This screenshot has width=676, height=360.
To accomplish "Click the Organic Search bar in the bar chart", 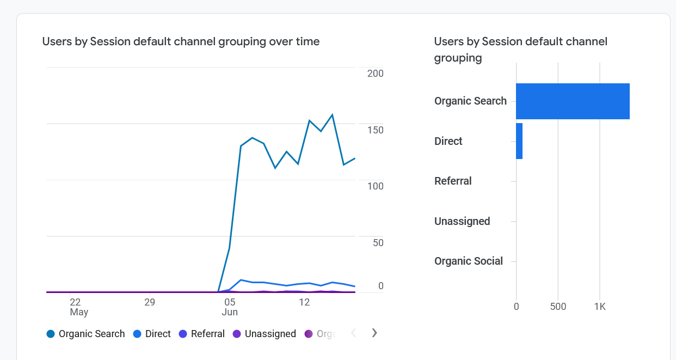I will click(573, 101).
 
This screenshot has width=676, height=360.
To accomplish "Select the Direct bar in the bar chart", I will click(519, 141).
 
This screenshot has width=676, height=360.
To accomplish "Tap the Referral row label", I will click(453, 181).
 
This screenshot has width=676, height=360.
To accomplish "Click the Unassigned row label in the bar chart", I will click(462, 221).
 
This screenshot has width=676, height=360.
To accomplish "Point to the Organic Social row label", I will click(468, 261).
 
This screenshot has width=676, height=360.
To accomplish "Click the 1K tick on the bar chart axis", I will click(599, 307).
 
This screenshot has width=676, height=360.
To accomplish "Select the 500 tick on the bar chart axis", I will click(558, 307).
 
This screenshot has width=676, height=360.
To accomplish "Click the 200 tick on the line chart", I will click(375, 74).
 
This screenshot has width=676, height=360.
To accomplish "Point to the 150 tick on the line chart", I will click(375, 130).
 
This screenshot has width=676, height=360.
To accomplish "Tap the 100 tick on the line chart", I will click(375, 186).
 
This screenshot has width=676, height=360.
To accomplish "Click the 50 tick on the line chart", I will click(378, 243).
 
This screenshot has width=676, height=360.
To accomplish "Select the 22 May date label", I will click(76, 307).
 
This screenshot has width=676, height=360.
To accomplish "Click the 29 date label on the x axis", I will click(150, 302).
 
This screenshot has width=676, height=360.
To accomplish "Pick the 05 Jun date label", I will click(230, 307).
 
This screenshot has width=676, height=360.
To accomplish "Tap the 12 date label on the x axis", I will click(304, 302).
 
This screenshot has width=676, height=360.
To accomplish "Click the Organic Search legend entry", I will click(86, 334).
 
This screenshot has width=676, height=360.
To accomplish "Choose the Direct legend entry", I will click(152, 334).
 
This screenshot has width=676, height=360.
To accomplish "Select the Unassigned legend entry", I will click(265, 334).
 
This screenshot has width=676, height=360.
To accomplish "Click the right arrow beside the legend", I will click(374, 333).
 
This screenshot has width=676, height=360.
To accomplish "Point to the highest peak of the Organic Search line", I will click(332, 115).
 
